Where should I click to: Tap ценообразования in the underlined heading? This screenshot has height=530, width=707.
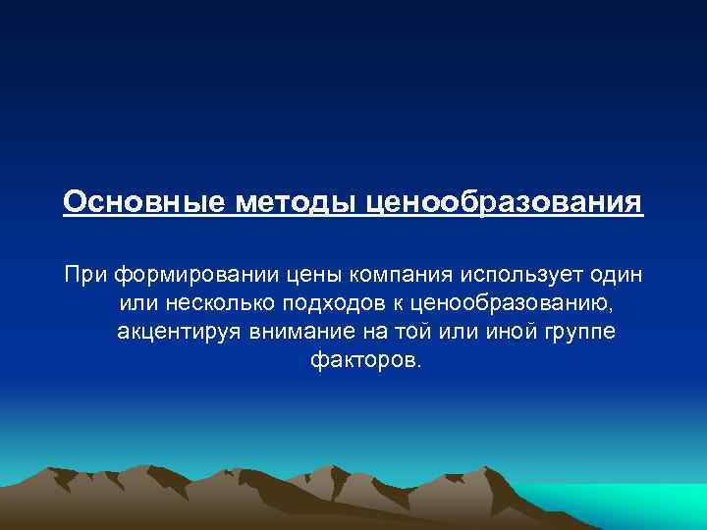[505, 202]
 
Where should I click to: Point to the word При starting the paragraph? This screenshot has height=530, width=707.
[86, 271]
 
